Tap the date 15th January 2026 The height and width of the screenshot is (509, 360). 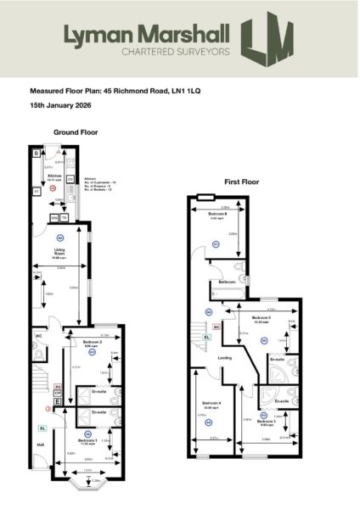(x=60, y=104)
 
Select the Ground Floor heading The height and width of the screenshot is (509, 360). (x=76, y=133)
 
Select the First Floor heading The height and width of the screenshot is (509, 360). (x=241, y=182)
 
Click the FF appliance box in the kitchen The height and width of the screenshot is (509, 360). (x=36, y=192)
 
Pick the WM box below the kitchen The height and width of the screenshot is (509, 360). (x=54, y=218)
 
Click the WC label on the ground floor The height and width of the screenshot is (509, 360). (x=38, y=336)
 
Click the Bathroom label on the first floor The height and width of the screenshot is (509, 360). (x=227, y=282)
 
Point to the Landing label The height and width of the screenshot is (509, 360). (x=225, y=357)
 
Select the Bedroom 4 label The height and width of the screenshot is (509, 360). (x=211, y=402)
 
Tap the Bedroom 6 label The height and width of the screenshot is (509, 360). (x=217, y=215)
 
